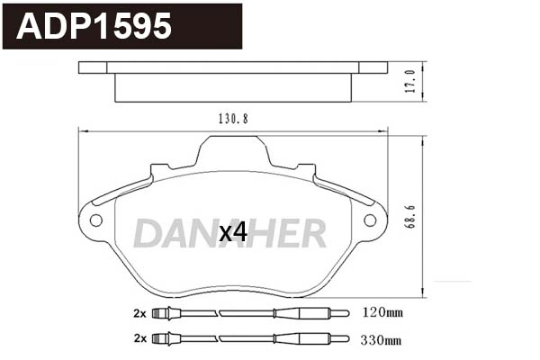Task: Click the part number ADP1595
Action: point(94,26)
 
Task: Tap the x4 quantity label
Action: point(233,232)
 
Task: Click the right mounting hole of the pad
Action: point(369,220)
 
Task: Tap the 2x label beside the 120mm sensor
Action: point(139,314)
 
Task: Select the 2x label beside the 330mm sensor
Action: point(139,339)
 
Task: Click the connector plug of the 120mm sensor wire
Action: point(163,314)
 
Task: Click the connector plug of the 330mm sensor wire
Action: point(163,339)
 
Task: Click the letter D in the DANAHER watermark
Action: point(148,233)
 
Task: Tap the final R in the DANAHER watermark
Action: point(312,233)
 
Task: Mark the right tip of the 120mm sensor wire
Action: point(346,314)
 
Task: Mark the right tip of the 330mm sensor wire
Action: point(346,339)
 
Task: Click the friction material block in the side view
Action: point(233,88)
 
